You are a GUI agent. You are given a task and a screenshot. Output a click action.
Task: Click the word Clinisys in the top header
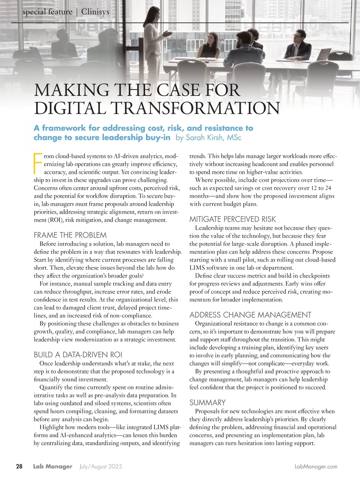[x=95, y=12]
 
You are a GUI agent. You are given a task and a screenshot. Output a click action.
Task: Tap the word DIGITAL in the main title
[x=70, y=108]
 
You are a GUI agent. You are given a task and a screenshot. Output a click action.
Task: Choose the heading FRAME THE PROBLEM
[x=70, y=235]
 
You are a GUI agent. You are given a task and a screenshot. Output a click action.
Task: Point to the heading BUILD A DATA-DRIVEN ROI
[x=78, y=355]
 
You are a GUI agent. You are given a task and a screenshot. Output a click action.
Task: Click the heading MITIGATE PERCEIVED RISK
[x=232, y=219]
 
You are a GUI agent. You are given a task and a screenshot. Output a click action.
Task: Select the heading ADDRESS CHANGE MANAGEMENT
[x=250, y=315]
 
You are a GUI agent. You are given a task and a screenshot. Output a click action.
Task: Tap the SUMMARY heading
[x=207, y=402]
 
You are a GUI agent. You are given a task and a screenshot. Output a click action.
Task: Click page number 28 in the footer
[x=19, y=467]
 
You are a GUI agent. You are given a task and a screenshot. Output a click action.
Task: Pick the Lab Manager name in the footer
[x=53, y=467]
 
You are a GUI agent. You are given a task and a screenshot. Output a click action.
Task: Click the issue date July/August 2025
[x=101, y=467]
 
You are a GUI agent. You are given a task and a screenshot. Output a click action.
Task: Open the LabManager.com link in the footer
[x=316, y=467]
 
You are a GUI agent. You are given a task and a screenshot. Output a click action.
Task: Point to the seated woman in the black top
[x=211, y=47]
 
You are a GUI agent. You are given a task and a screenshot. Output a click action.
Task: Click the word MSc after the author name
[x=234, y=138]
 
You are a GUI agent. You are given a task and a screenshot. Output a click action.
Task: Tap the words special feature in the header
[x=47, y=12]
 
